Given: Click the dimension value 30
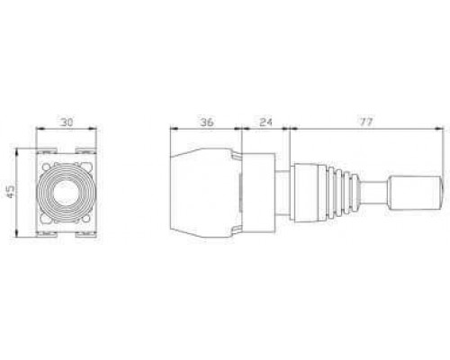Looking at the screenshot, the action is coord(67,122).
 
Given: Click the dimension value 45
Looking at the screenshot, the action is coord(11,192).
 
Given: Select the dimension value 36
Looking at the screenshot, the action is coord(207,122).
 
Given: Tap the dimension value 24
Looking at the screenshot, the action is coord(265,122).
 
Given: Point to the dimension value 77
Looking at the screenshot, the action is coord(366,122).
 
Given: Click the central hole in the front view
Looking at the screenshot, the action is coord(66,193).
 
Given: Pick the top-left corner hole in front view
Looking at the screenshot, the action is coord(46,166).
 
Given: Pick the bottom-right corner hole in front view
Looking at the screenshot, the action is coord(86,219).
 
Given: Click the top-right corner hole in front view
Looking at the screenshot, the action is coord(86,166).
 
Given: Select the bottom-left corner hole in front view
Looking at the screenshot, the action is coord(46,219).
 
